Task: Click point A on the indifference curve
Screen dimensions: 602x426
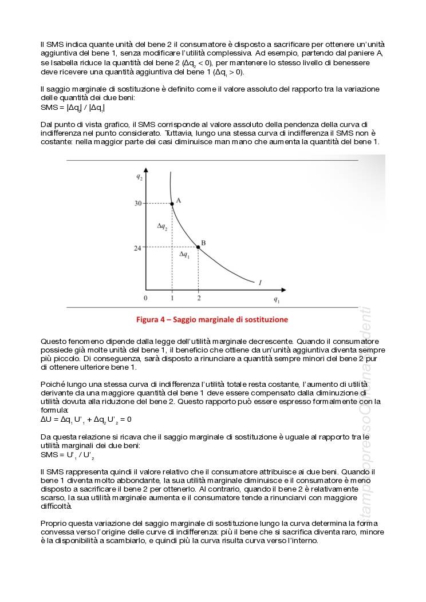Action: [172, 203]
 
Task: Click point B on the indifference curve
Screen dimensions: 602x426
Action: [198, 247]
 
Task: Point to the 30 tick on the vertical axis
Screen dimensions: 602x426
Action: [138, 203]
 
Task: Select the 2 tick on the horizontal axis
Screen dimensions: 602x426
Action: [199, 298]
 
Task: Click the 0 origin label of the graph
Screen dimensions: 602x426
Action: [145, 298]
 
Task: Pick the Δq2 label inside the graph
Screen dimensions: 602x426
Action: [162, 227]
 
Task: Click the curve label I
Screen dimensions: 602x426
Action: [261, 282]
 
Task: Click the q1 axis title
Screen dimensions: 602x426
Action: [277, 299]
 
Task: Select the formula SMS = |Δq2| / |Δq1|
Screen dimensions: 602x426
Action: [72, 107]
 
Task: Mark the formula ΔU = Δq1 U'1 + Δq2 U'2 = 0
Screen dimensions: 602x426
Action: [86, 419]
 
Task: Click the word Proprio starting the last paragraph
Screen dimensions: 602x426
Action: [53, 523]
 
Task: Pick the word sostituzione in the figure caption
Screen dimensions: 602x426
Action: [265, 319]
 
